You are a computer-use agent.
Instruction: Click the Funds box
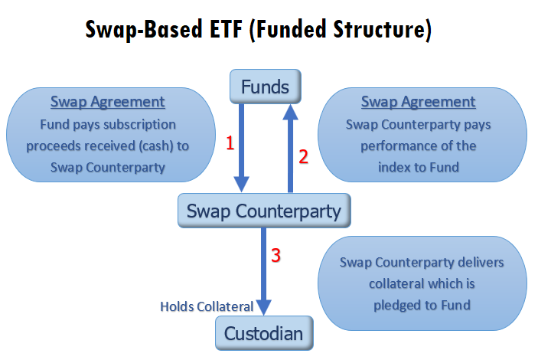[266, 87]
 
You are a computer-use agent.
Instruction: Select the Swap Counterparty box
[264, 211]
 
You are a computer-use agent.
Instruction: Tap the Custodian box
[264, 333]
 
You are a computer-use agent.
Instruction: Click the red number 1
[230, 143]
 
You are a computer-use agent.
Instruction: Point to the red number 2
[303, 157]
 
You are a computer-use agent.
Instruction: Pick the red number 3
[276, 256]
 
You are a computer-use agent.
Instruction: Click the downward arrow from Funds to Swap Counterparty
[242, 148]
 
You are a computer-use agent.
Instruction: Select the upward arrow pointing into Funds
[290, 148]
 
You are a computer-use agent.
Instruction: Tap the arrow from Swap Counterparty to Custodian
[263, 271]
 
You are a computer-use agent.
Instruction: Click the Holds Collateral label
[207, 306]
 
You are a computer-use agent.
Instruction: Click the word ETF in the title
[226, 30]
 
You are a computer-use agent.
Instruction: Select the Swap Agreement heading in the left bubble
[108, 102]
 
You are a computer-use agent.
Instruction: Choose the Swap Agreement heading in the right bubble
[419, 102]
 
